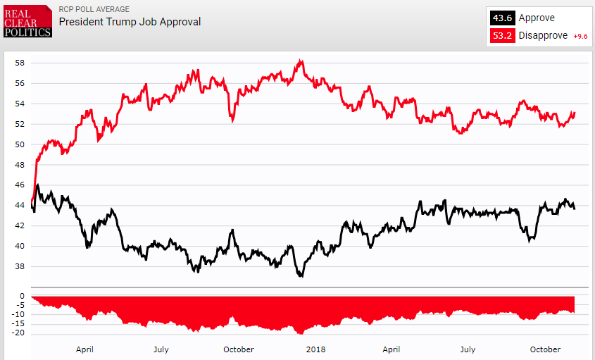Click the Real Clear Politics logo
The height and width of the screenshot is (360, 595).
tap(27, 21)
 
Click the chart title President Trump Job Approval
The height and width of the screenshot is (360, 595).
tap(130, 22)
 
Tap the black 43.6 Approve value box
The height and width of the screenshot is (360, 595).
tap(503, 18)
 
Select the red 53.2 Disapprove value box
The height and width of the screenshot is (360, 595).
tap(503, 36)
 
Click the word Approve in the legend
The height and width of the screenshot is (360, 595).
tap(537, 18)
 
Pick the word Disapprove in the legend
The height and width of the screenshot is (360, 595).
tap(543, 36)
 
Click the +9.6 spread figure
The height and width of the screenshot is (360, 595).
tap(580, 37)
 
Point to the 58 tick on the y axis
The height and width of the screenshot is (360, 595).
tap(20, 63)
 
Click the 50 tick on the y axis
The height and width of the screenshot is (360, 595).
tap(20, 144)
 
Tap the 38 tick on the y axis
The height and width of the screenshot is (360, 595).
tap(20, 267)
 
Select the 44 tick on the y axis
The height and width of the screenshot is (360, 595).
tap(20, 206)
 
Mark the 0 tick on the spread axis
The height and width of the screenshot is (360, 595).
tap(23, 297)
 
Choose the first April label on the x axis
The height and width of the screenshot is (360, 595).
tap(84, 349)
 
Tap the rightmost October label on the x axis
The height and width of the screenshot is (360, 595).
tap(545, 349)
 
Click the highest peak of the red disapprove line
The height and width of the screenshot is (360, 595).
tap(301, 61)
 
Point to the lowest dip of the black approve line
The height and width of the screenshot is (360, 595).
tap(301, 276)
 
